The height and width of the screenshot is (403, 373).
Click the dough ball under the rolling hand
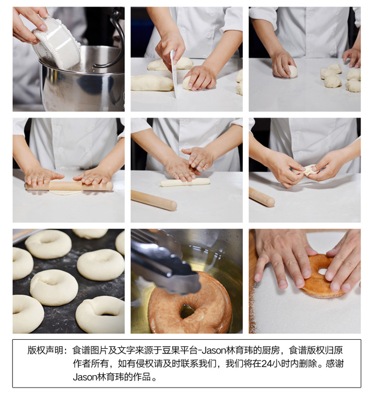pos(292,71)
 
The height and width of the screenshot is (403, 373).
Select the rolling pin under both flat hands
pos(69,186)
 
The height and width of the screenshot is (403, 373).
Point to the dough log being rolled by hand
pos(185,182)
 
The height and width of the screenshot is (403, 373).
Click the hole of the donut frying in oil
pos(187,311)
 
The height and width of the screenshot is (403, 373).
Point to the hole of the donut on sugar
pos(322,272)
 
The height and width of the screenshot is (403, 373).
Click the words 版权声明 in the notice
pos(45,350)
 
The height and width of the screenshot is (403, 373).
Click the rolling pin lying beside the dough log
pos(154,200)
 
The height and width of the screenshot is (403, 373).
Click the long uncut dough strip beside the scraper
pos(152,83)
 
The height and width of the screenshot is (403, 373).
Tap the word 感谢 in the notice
pos(335,364)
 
